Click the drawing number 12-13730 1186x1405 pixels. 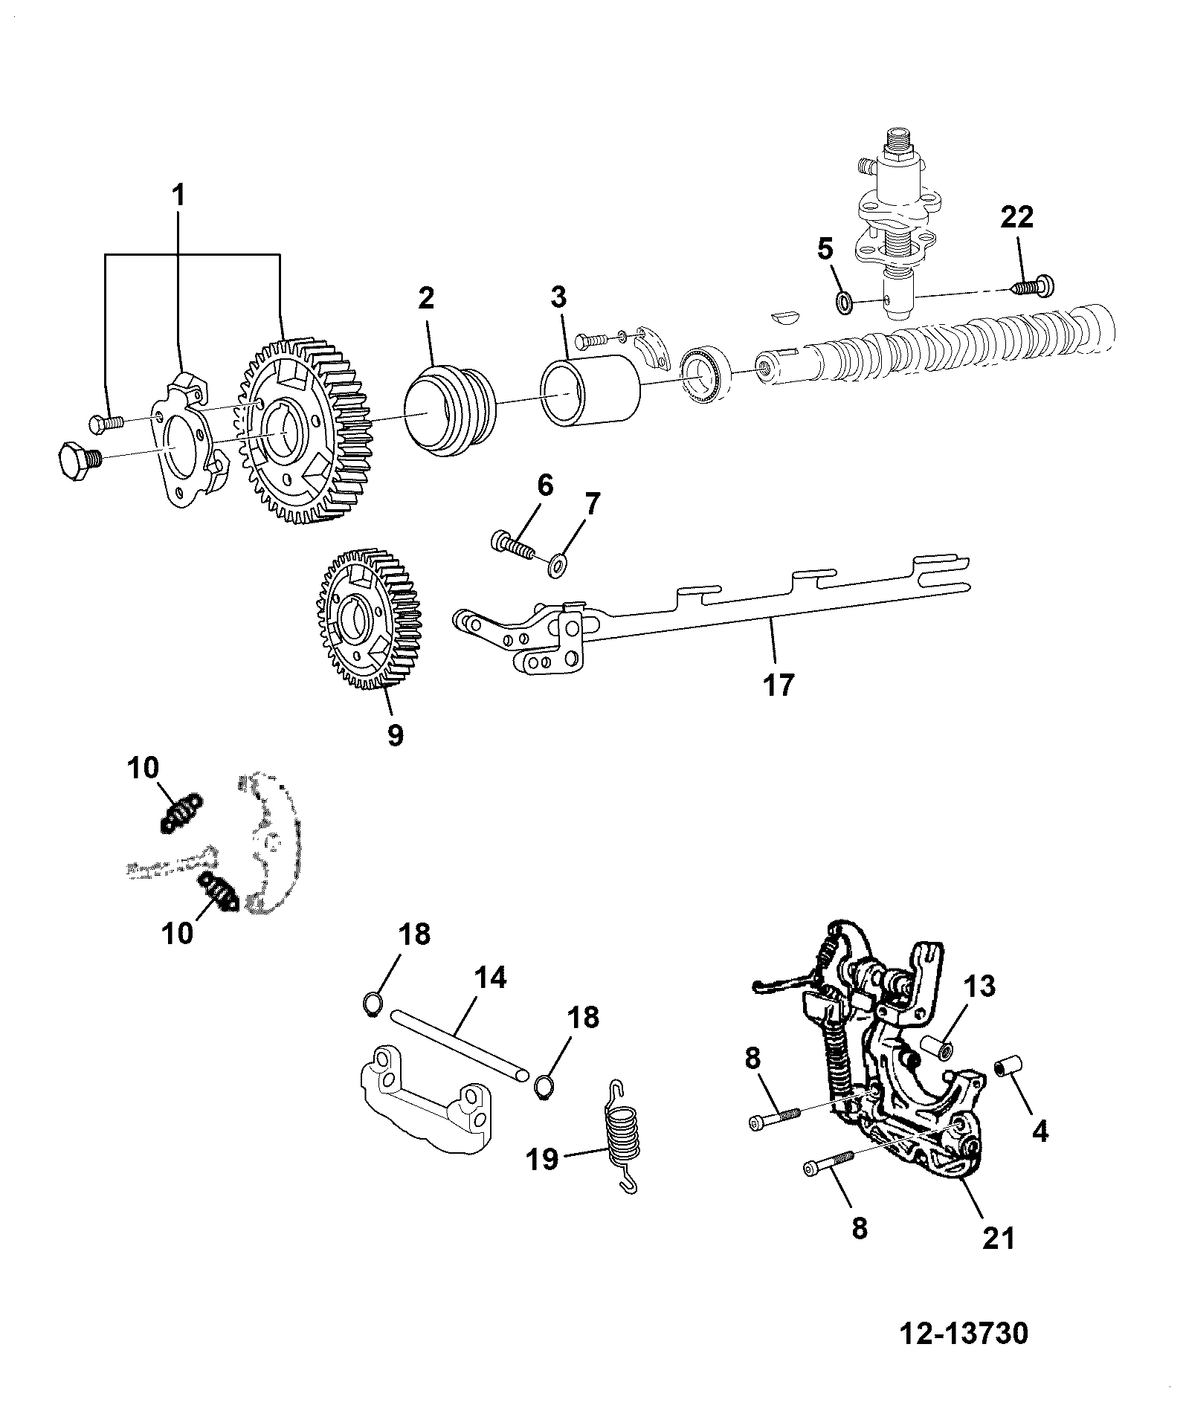tap(964, 1333)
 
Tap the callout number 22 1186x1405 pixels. tap(1016, 218)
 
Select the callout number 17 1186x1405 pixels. tap(778, 684)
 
